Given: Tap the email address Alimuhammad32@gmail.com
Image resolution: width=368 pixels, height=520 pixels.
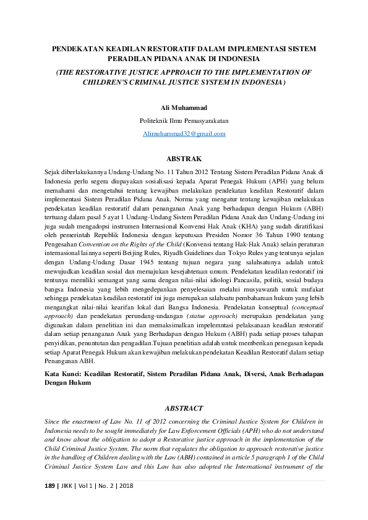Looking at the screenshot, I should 184,133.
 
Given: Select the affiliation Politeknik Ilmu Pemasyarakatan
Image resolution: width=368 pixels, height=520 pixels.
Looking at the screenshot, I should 184,120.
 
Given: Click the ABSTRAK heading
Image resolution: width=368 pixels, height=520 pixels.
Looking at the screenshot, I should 184,159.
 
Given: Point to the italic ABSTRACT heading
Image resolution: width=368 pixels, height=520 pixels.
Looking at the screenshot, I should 184,408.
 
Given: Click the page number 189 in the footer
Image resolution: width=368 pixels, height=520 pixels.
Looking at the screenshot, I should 51,485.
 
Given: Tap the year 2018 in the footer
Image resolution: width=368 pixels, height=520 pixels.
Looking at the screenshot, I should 125,485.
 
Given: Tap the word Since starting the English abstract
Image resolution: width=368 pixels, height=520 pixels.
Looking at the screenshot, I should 54,421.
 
